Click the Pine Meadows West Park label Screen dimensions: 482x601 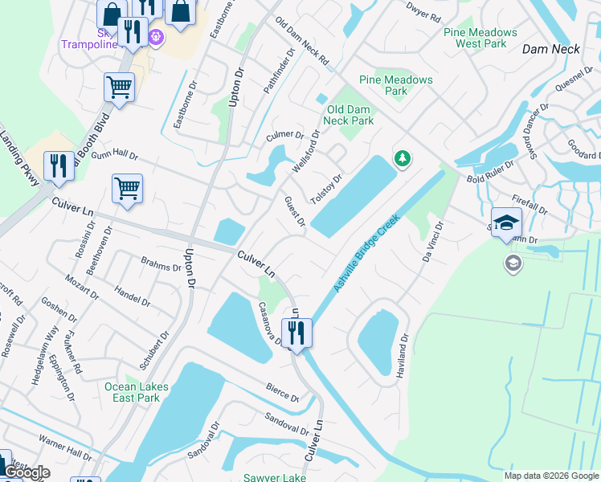click(x=480, y=38)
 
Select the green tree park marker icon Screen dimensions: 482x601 click(x=402, y=160)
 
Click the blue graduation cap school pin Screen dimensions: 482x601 click(x=506, y=223)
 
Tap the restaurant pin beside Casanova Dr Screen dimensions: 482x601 click(x=296, y=333)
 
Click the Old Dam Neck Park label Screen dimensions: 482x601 click(x=349, y=115)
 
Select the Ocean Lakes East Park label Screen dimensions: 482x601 click(x=137, y=392)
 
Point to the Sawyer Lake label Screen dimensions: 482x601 click(x=275, y=477)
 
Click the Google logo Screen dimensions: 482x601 click(x=27, y=472)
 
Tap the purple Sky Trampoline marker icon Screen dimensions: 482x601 click(x=155, y=36)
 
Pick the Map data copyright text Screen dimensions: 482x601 click(x=551, y=476)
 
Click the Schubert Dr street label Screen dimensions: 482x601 click(x=154, y=350)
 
